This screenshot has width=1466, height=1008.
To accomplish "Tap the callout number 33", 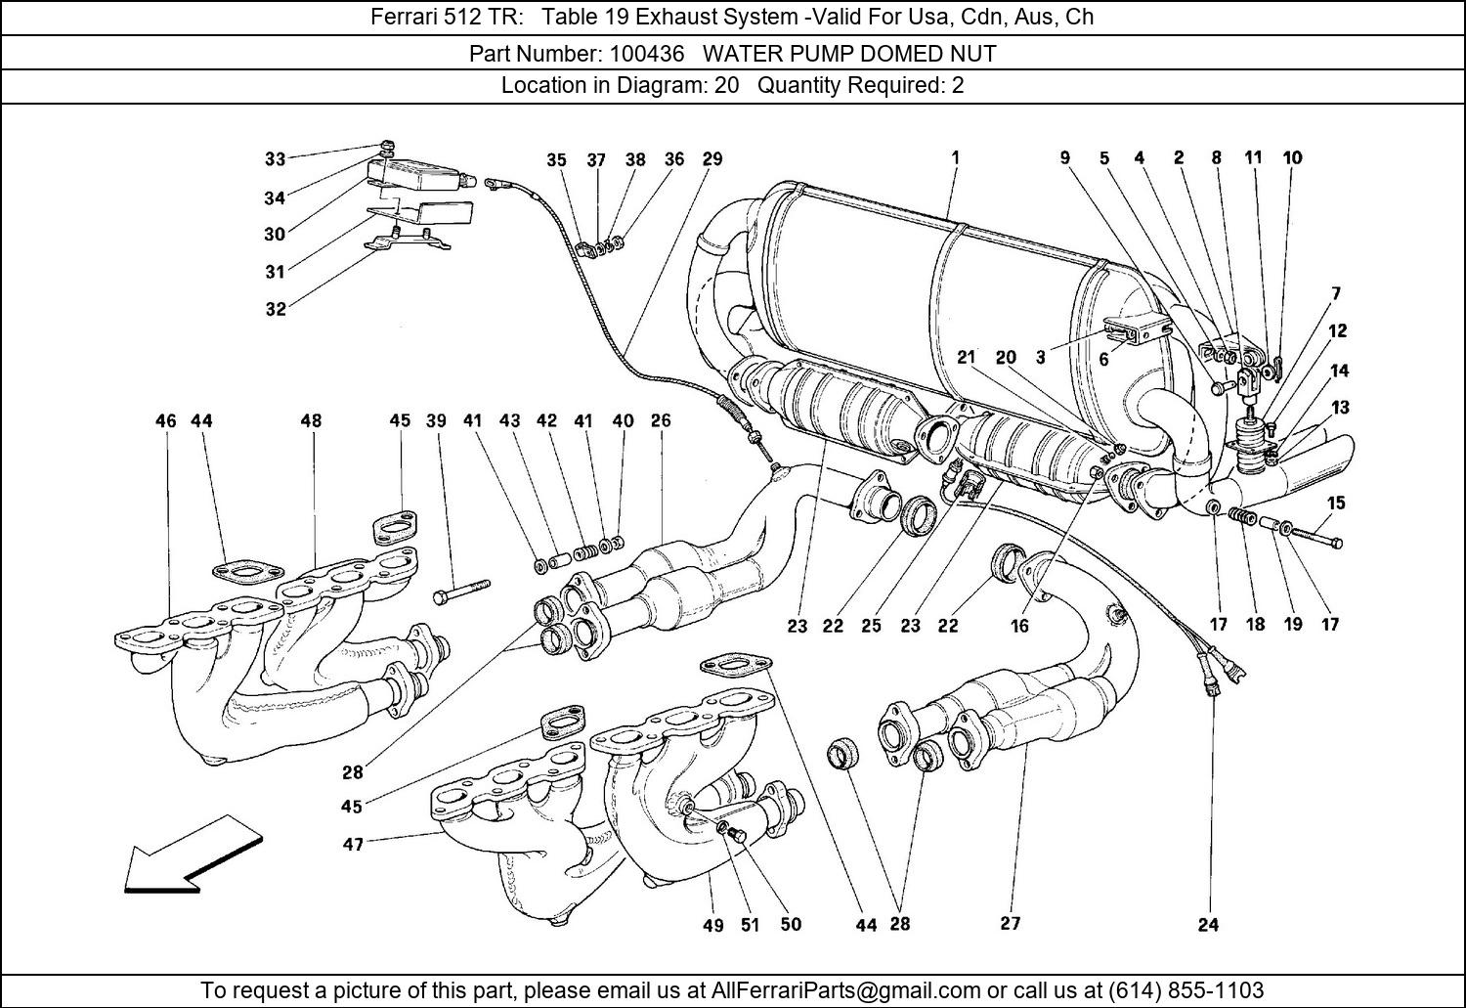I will point(275,159).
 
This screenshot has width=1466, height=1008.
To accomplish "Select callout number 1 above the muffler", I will point(955,156).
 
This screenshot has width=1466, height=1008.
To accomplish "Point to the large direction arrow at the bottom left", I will point(192,857).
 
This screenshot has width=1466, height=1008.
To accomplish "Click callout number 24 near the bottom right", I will point(1208,925).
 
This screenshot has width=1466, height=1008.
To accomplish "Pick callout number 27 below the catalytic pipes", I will point(1010,923).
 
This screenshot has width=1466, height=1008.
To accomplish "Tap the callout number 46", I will point(165,421).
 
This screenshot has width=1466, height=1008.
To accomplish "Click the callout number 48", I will point(310,421).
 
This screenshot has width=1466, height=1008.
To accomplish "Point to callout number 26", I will point(661,421).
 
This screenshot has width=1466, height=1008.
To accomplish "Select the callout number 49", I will point(712,925).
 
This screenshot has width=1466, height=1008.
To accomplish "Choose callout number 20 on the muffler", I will point(1006,358).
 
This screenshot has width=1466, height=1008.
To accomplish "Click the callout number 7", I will point(1335,293).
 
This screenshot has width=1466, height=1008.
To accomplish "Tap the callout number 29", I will point(712,159).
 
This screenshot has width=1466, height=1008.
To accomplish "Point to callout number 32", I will point(275,309).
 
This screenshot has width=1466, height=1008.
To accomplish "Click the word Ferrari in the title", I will point(402,18).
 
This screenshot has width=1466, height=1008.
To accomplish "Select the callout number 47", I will point(353,843).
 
